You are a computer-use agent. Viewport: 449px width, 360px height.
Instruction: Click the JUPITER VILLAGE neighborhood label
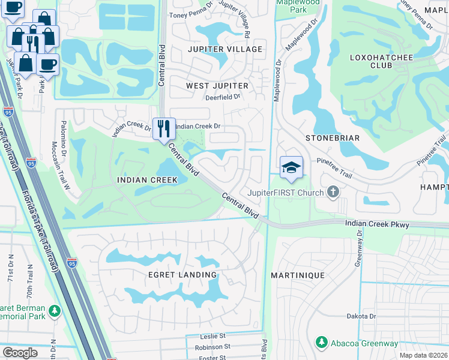[225, 49]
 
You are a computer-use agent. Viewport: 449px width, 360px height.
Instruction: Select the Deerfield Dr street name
[222, 96]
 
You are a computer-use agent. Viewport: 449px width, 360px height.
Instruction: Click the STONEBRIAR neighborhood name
[333, 138]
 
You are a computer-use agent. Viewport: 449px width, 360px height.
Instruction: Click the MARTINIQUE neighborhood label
[297, 275]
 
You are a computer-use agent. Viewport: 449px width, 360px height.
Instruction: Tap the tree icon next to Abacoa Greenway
[321, 343]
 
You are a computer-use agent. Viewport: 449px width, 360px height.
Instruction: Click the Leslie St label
[213, 336]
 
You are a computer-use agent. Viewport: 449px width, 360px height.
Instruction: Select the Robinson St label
[212, 347]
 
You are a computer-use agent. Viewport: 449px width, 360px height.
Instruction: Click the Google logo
[20, 353]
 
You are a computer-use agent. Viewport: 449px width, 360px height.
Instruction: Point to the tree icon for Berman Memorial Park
[55, 311]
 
